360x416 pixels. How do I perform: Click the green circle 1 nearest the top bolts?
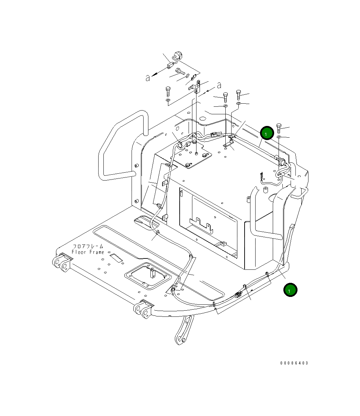tap(267, 132)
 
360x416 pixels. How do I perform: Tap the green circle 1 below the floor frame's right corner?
tap(290, 290)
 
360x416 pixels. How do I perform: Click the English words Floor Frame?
tap(88, 252)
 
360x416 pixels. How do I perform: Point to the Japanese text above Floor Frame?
tap(88, 246)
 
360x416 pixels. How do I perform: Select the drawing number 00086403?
tap(294, 363)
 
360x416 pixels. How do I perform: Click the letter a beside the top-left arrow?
tap(148, 78)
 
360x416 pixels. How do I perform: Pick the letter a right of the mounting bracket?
tap(219, 85)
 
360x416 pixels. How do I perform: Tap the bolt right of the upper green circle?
tap(279, 128)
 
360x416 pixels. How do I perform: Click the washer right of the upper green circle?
tap(279, 137)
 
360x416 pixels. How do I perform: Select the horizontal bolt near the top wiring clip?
tap(180, 71)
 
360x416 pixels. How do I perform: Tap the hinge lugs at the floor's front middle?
tap(143, 309)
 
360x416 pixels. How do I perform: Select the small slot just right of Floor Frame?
tap(116, 257)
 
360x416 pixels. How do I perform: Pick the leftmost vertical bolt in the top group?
tap(168, 92)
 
